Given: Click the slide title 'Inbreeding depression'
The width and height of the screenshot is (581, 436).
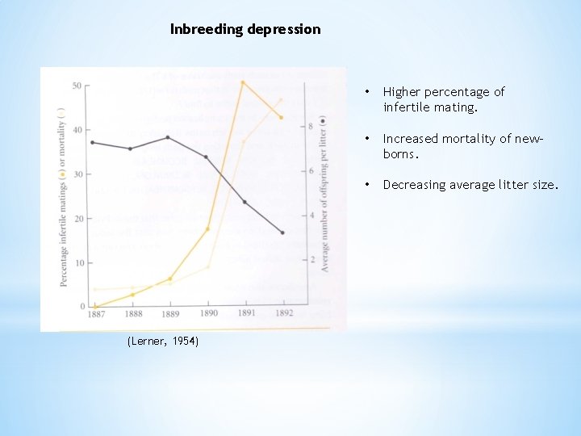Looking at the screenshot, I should [x=245, y=29].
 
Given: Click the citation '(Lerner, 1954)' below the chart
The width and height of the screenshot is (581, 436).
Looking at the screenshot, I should [x=163, y=342].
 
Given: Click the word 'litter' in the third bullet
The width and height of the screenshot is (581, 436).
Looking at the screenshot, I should [x=516, y=185].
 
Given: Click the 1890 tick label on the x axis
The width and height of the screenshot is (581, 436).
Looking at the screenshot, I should [x=208, y=314].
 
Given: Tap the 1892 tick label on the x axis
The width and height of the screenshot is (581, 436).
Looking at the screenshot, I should [x=282, y=314].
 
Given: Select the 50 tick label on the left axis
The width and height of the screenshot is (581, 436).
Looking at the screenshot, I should [x=77, y=86].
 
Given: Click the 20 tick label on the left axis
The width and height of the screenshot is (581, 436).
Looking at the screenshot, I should [x=77, y=219].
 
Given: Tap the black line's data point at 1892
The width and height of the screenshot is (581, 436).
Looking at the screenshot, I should [x=282, y=233].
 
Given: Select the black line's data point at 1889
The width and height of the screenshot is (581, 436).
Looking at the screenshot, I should [x=169, y=137].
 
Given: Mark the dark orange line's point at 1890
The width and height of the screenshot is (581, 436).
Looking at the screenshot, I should [x=208, y=229].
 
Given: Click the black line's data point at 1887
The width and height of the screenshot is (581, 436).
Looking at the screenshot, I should [x=94, y=142].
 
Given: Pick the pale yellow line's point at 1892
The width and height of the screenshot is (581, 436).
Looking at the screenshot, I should [x=281, y=100].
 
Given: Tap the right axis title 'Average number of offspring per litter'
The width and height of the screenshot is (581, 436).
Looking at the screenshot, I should [x=324, y=194].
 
